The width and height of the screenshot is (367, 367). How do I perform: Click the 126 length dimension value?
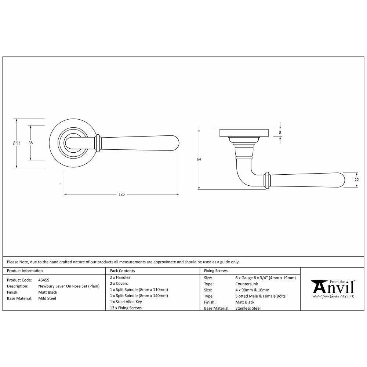pos(121,194)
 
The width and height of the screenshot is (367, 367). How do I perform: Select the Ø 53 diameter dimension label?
pos(16,143)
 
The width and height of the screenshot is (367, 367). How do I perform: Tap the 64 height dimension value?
pos(199,159)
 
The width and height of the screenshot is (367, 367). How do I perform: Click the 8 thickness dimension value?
pos(280,132)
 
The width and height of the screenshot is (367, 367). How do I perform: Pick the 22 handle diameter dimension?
pos(356,179)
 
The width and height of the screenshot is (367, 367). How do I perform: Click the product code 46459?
pos(44,280)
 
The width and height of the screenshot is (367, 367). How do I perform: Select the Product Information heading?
pos(25,271)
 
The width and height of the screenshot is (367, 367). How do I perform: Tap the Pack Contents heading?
pos(122,271)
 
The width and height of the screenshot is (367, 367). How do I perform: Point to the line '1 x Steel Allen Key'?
pos(126,302)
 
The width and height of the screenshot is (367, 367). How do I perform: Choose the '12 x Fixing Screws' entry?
pos(126,308)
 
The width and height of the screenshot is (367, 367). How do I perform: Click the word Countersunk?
pos(247,284)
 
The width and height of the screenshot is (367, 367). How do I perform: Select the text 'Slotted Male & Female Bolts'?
pos(260,296)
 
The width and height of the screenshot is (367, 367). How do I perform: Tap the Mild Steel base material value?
pos(47,298)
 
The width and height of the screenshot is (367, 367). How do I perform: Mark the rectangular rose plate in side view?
pos(244,133)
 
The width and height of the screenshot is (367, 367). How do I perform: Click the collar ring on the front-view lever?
pos(98,143)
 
